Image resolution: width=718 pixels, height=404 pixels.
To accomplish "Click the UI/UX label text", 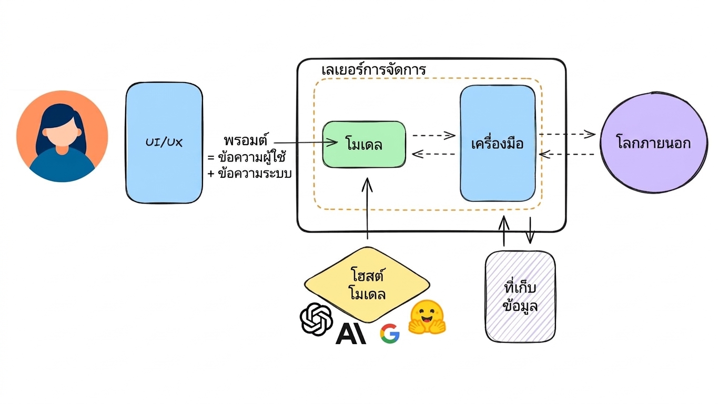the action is tap(164, 142).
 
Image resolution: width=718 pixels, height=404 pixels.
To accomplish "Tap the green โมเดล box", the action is tap(364, 144).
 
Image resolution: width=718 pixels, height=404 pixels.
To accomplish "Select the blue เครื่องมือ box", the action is tap(498, 143).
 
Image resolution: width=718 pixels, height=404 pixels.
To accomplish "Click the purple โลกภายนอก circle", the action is tap(654, 143).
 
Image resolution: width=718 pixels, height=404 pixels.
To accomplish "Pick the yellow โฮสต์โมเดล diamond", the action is tap(367, 285).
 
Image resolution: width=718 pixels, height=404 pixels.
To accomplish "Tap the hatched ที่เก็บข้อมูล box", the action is tap(520, 297).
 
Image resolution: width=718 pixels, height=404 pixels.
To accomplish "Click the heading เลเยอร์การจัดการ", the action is tap(374, 69).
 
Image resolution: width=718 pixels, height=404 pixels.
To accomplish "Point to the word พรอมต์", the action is tap(246, 140).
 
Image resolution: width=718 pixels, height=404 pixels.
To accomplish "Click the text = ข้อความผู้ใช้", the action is tap(247, 157).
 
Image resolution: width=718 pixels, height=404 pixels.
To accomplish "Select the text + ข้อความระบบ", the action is tap(249, 174).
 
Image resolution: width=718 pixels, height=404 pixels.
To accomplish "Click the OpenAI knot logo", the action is tap(316, 319).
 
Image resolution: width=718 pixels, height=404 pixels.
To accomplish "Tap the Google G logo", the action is tap(390, 334).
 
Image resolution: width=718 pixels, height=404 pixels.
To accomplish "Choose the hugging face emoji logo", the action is tap(427, 317).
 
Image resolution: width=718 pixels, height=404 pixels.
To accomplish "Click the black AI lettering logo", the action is tap(351, 334).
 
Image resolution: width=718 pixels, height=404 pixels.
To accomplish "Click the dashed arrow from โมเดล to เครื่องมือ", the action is tap(433, 135).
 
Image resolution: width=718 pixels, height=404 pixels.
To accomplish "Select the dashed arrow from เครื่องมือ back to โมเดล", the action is tap(433, 154).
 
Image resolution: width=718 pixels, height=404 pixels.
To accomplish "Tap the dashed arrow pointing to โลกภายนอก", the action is tap(567, 134).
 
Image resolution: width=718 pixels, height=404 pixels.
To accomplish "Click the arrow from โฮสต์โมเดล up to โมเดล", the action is tap(367, 208).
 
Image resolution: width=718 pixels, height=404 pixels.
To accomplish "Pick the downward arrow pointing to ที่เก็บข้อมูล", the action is tap(530, 230).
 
